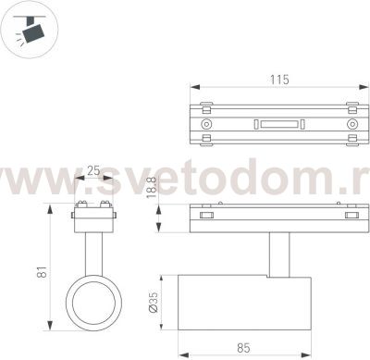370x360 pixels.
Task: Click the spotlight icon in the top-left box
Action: click(x=28, y=28)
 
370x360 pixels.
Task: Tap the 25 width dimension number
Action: click(x=93, y=171)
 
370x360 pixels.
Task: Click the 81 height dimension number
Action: click(x=41, y=274)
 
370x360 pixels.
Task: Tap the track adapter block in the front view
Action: click(x=92, y=218)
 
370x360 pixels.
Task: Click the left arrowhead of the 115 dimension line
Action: click(x=193, y=89)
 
